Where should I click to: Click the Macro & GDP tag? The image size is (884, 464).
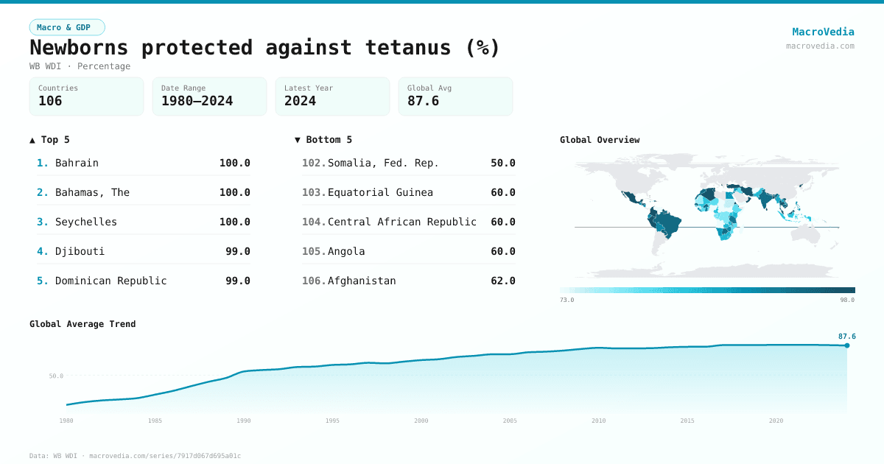(67, 27)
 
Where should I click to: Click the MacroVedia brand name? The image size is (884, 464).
(823, 32)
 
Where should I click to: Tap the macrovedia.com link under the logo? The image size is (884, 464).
(820, 46)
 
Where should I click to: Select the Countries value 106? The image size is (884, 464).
(50, 101)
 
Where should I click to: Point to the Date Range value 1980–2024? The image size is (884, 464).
(197, 101)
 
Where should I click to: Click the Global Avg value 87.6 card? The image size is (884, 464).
(455, 96)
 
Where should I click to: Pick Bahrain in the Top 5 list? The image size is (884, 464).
(77, 163)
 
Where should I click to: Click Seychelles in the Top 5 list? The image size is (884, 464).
(85, 222)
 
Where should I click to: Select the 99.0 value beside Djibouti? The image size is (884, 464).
(237, 251)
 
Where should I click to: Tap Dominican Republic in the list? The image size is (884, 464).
(110, 281)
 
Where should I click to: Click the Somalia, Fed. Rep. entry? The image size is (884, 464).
(383, 163)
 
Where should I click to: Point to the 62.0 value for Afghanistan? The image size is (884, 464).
(502, 281)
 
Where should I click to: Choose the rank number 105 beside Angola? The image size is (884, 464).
(314, 251)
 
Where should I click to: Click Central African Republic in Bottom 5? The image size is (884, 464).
(401, 222)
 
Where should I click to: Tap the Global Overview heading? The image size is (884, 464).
(599, 140)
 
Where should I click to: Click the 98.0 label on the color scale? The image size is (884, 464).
(847, 300)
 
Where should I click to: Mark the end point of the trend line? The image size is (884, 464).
(846, 345)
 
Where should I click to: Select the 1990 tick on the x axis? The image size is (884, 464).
(244, 421)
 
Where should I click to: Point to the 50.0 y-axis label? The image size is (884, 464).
(56, 376)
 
